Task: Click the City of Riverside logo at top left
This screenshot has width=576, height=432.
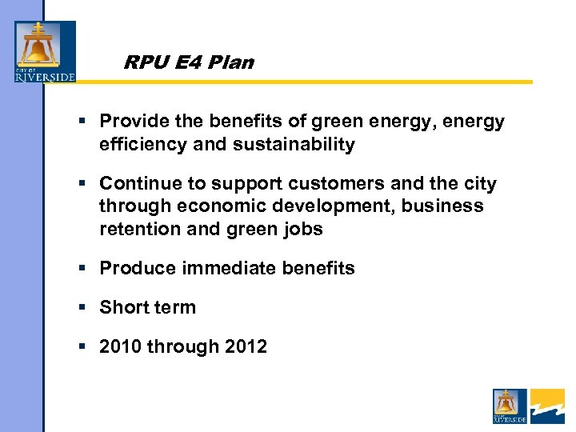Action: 45,51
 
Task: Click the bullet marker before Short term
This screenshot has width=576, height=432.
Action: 83,307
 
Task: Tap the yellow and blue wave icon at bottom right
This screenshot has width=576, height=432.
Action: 547,406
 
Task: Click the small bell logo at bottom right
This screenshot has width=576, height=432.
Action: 510,406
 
